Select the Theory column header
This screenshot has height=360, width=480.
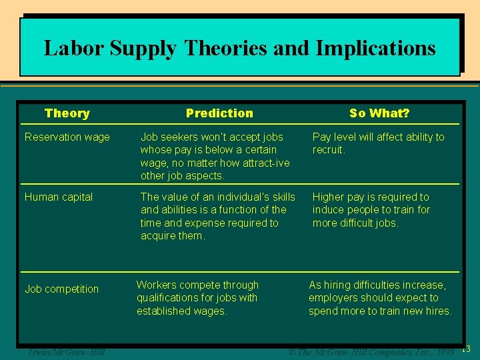pos(67,113)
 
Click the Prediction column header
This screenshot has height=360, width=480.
pos(219,113)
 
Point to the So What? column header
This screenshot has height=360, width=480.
pos(379,113)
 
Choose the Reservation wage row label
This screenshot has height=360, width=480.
pos(67,137)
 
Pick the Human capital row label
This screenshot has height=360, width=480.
pos(59,197)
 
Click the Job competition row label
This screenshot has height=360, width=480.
pos(61,289)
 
